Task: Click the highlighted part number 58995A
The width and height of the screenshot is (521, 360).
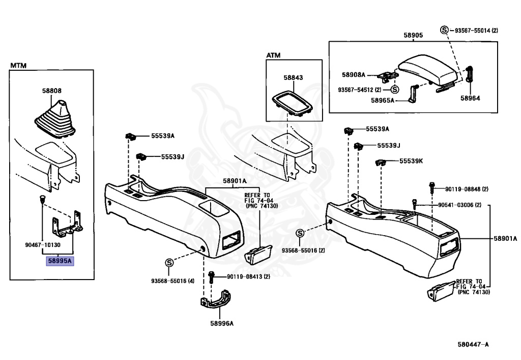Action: (60, 261)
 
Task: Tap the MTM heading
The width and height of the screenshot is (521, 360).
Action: (18, 66)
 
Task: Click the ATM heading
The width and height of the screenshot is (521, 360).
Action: (273, 55)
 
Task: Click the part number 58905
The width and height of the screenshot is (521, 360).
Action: (413, 35)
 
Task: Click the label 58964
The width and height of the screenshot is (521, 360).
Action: (470, 98)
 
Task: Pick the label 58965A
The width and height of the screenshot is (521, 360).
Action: (383, 100)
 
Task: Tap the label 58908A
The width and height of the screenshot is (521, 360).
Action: (354, 75)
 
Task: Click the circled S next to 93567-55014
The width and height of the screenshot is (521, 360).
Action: (444, 30)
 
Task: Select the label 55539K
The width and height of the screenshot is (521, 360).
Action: (411, 161)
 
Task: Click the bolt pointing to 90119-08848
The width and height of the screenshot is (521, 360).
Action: (431, 188)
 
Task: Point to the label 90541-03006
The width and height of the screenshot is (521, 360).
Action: (459, 205)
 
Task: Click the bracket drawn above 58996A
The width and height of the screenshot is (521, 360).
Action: (216, 300)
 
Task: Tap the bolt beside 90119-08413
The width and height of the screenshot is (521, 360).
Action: (211, 277)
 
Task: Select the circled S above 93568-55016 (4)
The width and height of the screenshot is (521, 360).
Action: (169, 263)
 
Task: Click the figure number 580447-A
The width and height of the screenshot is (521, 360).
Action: (473, 344)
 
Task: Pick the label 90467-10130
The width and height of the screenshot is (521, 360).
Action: (43, 245)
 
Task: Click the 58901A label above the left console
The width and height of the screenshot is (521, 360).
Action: (235, 181)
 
